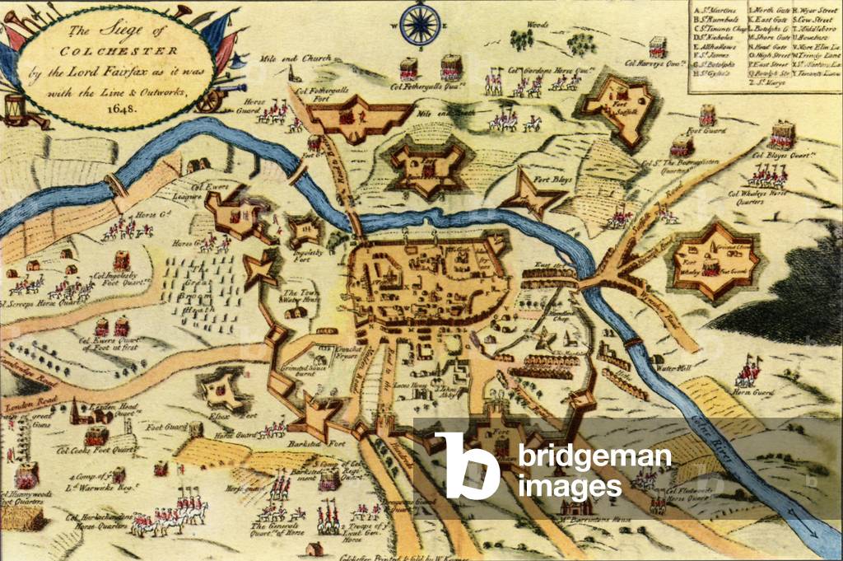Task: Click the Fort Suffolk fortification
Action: point(617,104)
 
